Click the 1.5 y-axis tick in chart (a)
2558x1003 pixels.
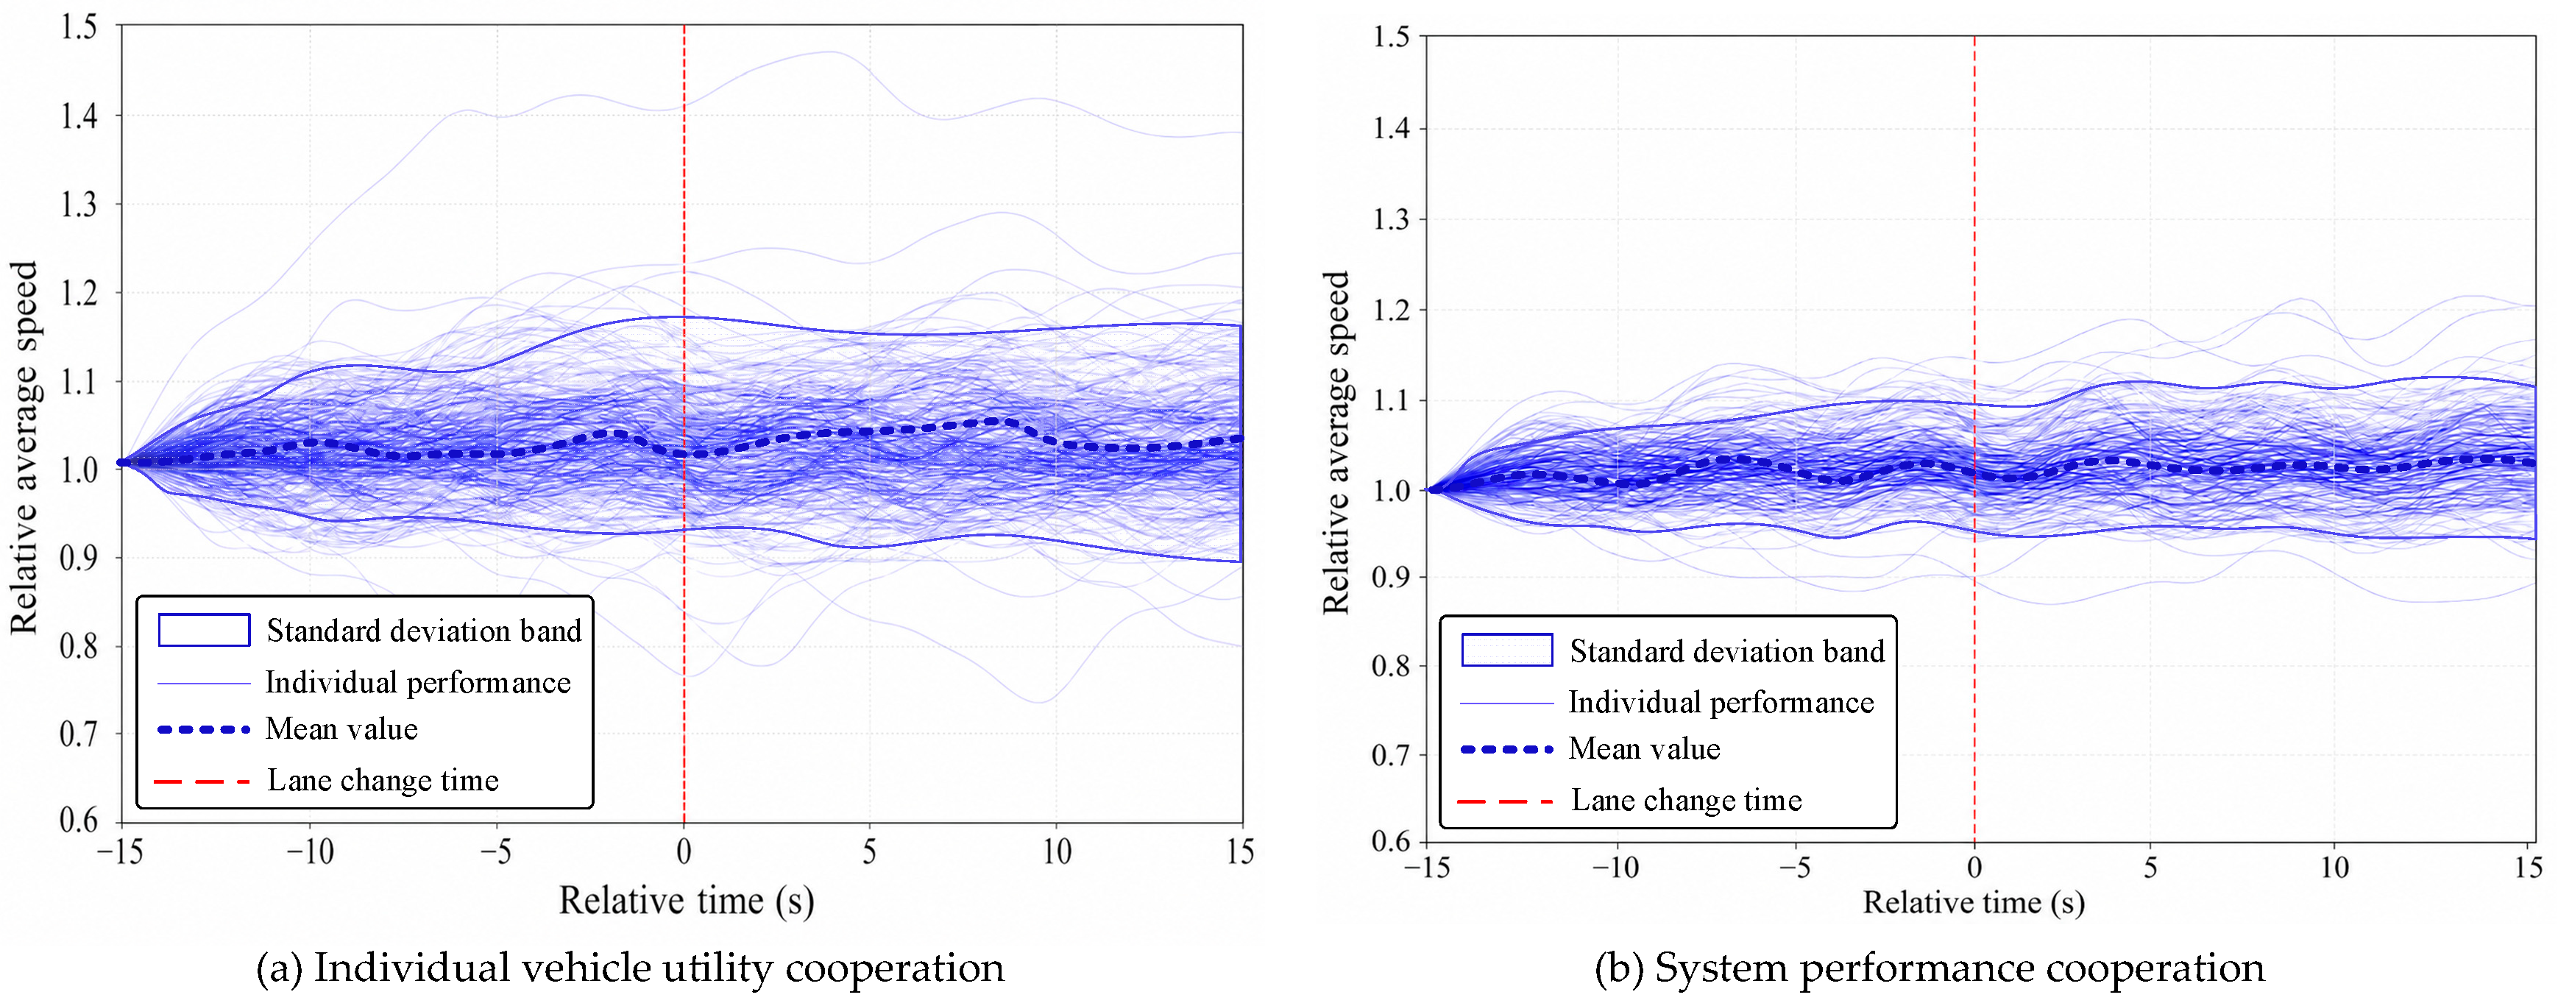click(79, 26)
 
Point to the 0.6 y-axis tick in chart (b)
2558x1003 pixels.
click(1390, 841)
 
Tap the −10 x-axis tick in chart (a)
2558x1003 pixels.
click(310, 852)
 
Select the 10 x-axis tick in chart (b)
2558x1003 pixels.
click(2334, 867)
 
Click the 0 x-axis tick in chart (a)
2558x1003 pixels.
click(683, 852)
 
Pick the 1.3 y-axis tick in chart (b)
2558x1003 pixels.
click(1390, 219)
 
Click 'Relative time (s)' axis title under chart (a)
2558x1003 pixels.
click(686, 901)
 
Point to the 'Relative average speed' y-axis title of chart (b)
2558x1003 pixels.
click(1336, 442)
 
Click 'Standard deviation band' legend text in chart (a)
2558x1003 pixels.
click(424, 631)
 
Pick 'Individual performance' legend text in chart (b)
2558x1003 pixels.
click(1721, 702)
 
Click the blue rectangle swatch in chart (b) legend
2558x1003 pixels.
click(1506, 650)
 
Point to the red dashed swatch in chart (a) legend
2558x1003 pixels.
click(202, 782)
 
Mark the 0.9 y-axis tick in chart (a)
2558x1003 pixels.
click(79, 558)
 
